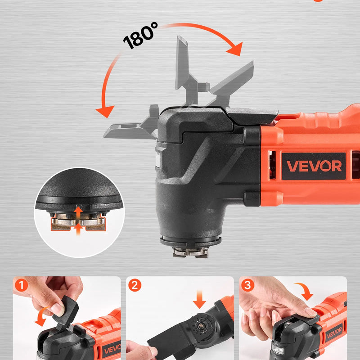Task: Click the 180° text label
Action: pos(140,35)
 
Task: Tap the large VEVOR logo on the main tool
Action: pos(314,166)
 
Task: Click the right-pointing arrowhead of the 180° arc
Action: pos(234,50)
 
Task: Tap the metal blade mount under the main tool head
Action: pos(190,251)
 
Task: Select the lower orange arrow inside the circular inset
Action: pos(78,229)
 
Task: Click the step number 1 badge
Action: pos(21,285)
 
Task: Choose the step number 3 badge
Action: pos(247,285)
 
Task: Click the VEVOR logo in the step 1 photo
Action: pos(110,348)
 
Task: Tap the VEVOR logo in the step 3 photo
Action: pos(334,333)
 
